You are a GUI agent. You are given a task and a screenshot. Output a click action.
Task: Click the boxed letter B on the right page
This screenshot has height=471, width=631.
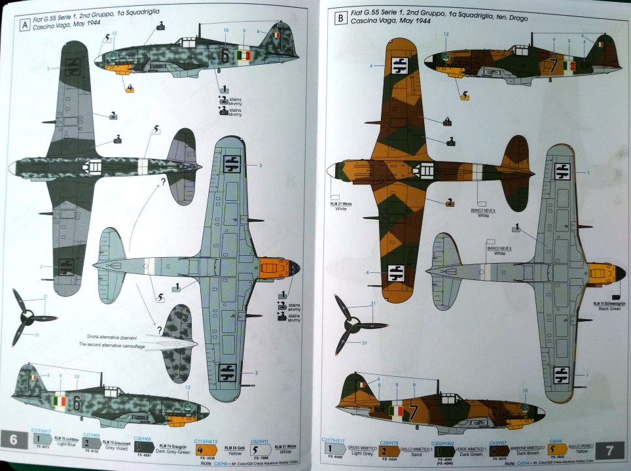pyautogui.click(x=340, y=20)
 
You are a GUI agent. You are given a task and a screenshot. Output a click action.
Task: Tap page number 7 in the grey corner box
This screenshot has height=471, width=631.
pyautogui.click(x=610, y=450)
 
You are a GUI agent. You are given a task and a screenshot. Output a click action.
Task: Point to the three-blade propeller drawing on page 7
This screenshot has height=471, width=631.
pyautogui.click(x=353, y=323)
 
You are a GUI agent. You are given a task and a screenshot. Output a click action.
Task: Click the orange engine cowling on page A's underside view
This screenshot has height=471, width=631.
pyautogui.click(x=272, y=267)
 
